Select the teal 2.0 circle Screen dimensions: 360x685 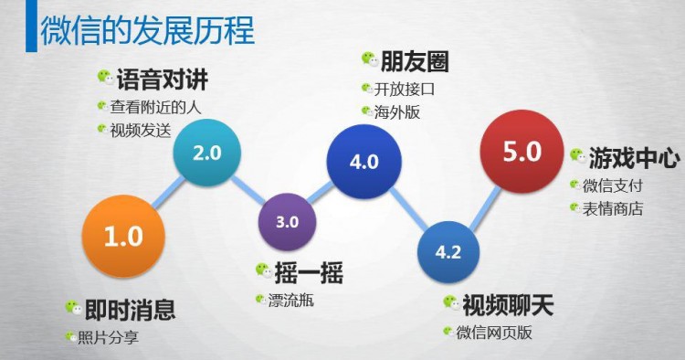pyautogui.click(x=207, y=153)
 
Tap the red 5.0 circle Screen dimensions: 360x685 pyautogui.click(x=522, y=152)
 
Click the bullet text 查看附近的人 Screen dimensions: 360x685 pyautogui.click(x=155, y=105)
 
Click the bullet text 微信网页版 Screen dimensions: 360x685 pyautogui.click(x=494, y=331)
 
